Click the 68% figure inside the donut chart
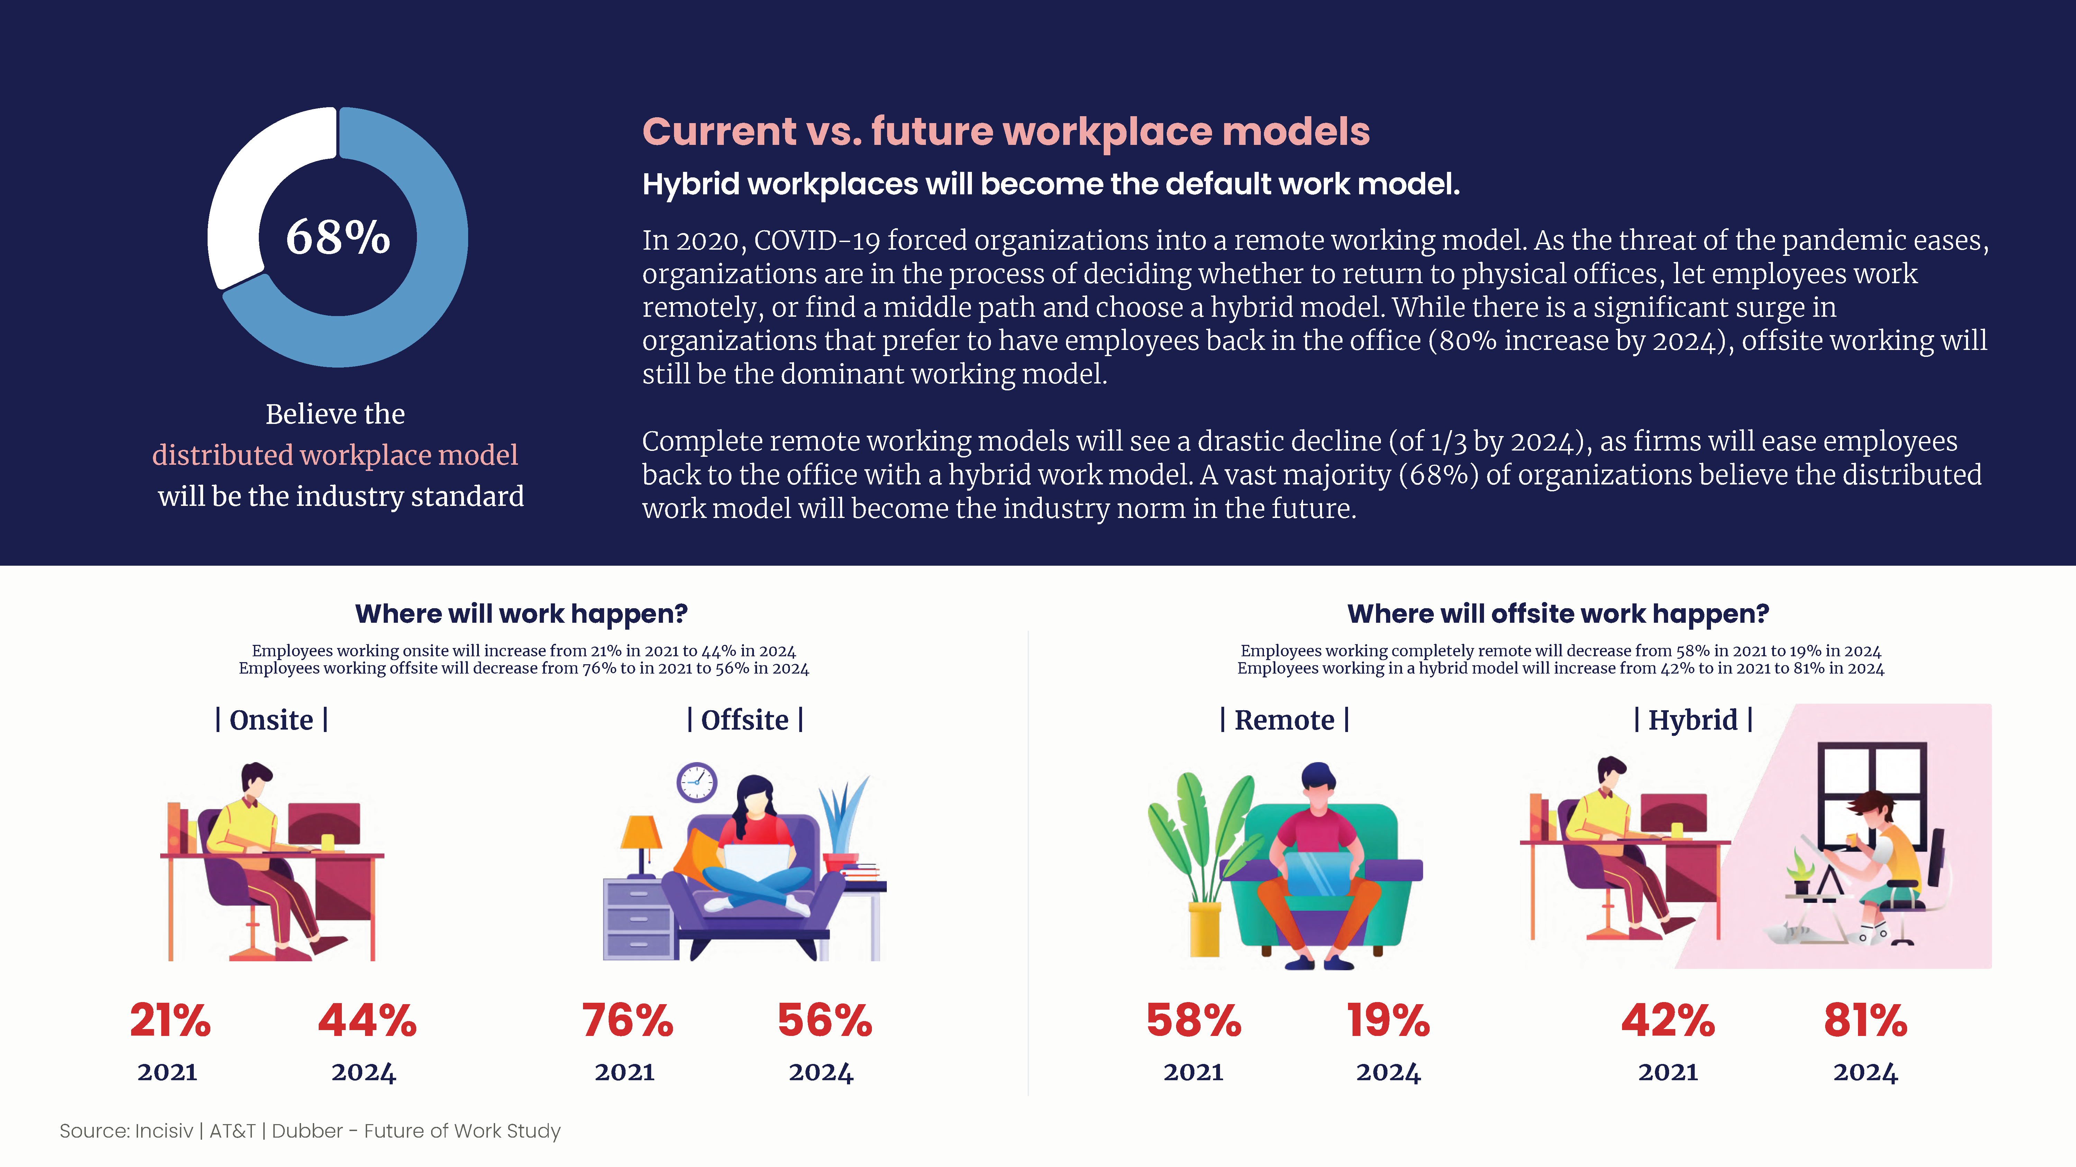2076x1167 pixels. click(x=338, y=238)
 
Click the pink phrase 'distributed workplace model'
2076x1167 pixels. click(x=335, y=455)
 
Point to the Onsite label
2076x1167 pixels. click(x=272, y=719)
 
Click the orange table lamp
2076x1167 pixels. click(x=641, y=846)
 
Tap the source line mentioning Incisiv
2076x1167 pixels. click(x=310, y=1131)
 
